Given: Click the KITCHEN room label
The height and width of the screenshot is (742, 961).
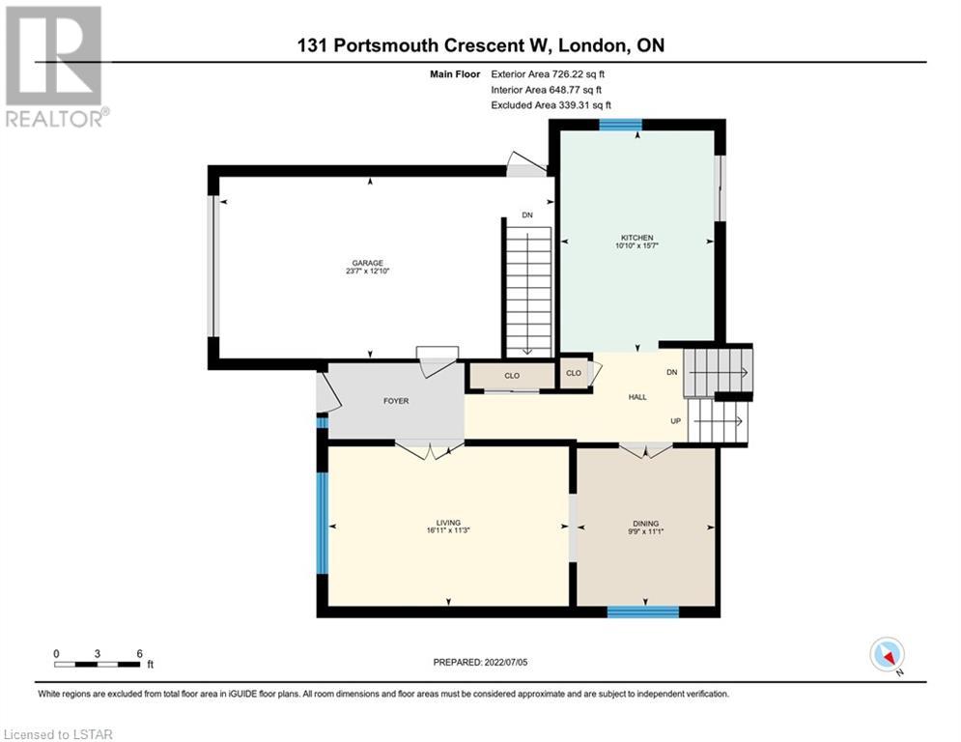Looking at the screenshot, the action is coord(636,238).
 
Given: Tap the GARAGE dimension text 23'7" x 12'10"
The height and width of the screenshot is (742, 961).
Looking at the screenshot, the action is coord(368,271).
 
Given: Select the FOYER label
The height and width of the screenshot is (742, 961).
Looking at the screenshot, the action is coord(396,401).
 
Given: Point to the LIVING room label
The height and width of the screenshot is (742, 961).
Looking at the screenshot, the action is coord(448,523).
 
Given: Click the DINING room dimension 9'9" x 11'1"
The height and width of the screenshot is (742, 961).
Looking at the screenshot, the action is coord(645,531).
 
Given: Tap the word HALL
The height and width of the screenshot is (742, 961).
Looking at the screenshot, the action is coord(637,397).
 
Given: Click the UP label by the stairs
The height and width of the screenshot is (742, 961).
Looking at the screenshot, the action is coord(675,420).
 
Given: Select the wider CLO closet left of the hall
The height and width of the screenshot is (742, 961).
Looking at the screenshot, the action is coord(512,376).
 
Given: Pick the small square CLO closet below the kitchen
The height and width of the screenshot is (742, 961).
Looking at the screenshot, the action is coord(574,373).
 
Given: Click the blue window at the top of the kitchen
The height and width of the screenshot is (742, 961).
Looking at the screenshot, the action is coord(620,125).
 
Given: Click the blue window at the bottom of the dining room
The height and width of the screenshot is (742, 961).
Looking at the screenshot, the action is coord(643,612).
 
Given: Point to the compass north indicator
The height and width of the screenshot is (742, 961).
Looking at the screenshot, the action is coord(888,655).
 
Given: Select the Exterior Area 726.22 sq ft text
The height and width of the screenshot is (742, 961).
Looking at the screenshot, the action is coord(548,74).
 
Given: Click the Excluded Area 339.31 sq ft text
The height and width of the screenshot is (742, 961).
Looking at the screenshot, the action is coord(551,105).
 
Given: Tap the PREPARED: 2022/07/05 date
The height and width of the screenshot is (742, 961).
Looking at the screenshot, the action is coord(480,662).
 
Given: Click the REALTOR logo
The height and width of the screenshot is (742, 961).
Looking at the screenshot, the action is coord(55,67).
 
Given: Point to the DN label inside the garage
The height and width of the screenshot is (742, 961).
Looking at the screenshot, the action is coord(527,215).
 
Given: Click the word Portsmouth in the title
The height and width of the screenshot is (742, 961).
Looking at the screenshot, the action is coord(385,45).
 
